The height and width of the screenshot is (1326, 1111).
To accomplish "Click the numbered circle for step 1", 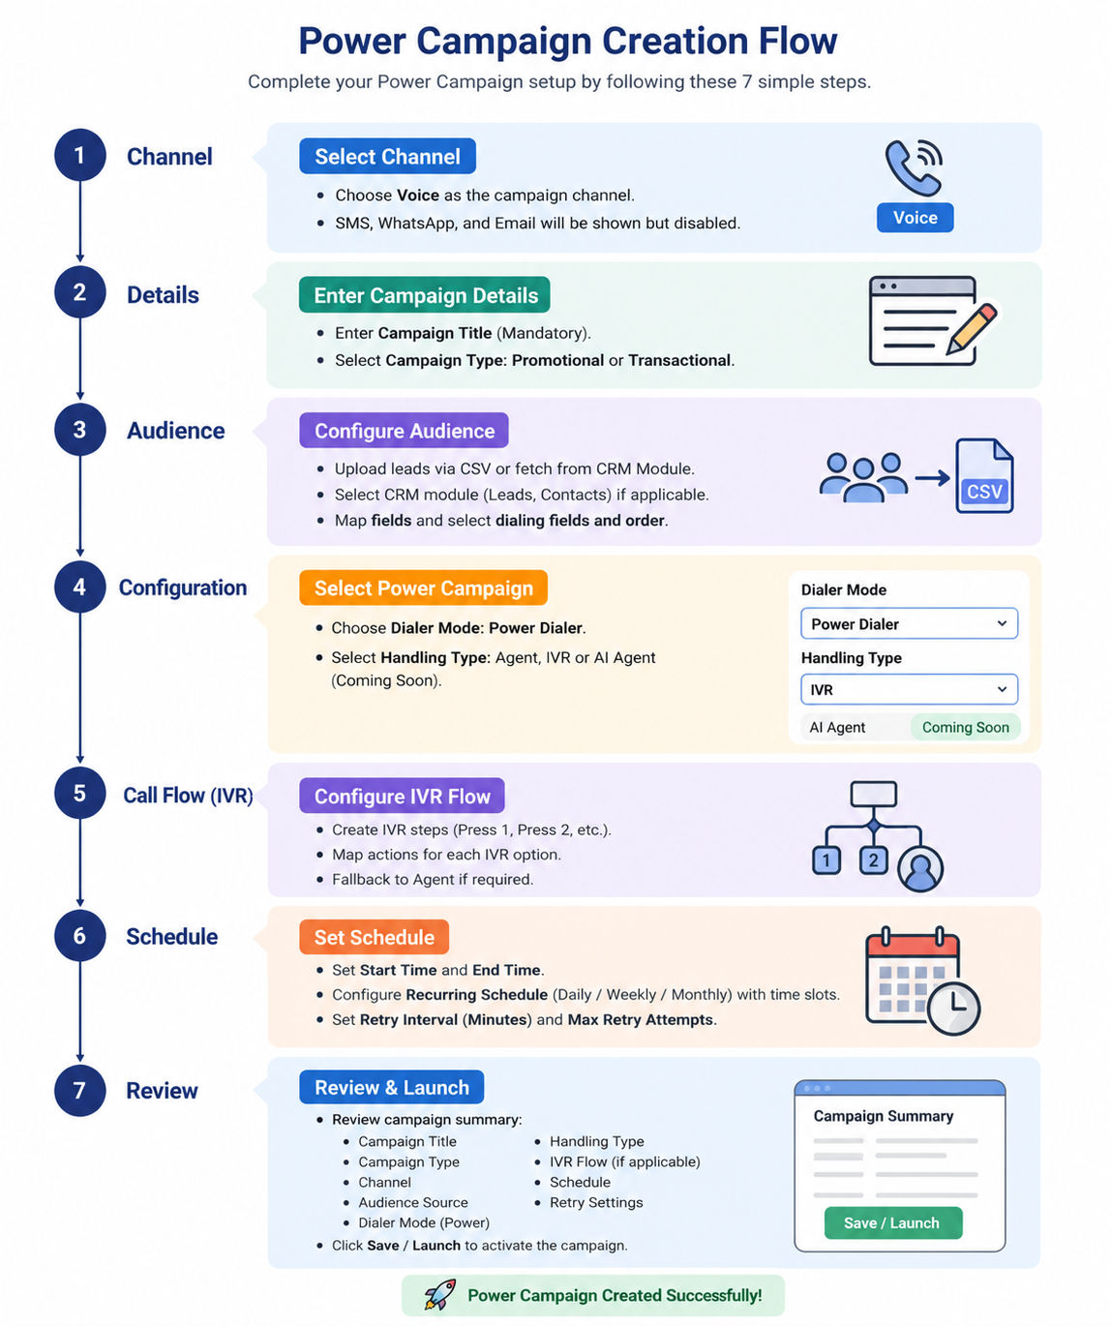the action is (x=79, y=155).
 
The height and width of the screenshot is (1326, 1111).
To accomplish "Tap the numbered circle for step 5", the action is (x=79, y=793).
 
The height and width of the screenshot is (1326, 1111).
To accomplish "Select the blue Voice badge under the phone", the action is (x=915, y=217).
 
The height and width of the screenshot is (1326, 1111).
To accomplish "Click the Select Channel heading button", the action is (x=387, y=156).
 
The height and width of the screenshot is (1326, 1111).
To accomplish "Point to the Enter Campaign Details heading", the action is (x=425, y=294).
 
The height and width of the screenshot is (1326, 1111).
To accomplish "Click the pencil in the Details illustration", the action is (x=972, y=328).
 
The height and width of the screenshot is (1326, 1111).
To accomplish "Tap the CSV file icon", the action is (x=984, y=475).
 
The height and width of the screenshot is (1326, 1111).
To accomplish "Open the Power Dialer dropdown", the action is (x=909, y=623).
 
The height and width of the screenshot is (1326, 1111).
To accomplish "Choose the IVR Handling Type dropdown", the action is (x=909, y=689).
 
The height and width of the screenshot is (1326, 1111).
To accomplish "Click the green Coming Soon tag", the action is (x=965, y=727).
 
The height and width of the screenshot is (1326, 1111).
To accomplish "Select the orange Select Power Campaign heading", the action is (x=424, y=588).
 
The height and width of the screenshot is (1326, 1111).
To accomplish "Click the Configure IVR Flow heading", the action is (x=402, y=795).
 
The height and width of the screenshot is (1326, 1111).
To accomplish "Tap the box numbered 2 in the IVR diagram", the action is (x=873, y=859).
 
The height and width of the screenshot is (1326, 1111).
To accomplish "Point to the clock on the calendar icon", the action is (x=953, y=1009).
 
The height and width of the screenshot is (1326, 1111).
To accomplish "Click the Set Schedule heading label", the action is (x=374, y=937).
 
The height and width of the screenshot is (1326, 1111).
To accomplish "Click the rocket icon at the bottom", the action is (x=439, y=1294).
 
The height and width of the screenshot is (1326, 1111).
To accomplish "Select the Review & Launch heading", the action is (x=391, y=1087).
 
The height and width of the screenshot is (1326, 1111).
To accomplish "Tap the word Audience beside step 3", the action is (x=176, y=431).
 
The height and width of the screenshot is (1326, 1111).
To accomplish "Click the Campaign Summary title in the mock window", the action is (x=883, y=1116).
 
